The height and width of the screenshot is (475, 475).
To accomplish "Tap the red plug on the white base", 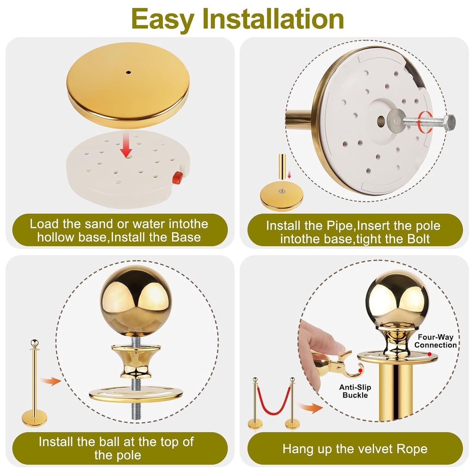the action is coord(177,177).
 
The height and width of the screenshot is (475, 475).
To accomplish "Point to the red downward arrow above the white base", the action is coord(127,145).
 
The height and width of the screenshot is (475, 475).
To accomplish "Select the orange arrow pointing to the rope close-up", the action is coord(310,410).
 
